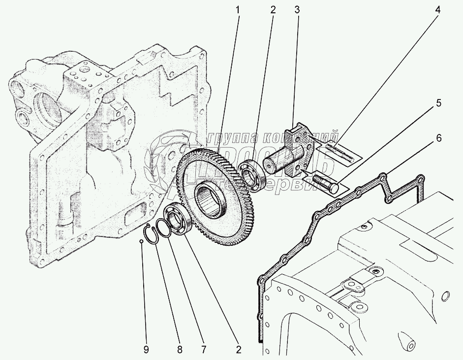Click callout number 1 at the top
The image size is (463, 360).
point(239,9)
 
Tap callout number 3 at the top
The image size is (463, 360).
point(296,9)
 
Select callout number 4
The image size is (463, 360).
point(437,9)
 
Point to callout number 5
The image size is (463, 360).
point(437,103)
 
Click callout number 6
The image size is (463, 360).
point(437,138)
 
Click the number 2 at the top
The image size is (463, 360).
point(273,9)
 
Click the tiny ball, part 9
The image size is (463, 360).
point(141,241)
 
